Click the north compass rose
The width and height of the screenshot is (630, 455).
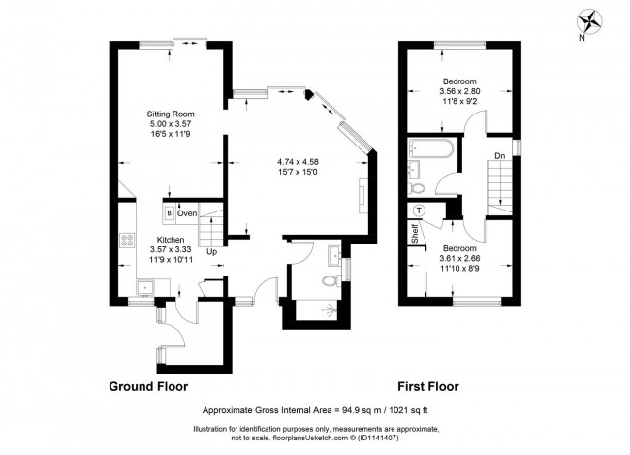click(590, 21)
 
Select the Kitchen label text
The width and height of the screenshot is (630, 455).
click(171, 238)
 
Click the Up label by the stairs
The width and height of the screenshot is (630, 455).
click(211, 251)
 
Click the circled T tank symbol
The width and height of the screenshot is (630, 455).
click(419, 211)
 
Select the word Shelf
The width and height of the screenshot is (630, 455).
click(413, 233)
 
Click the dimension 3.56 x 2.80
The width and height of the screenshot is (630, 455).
click(459, 91)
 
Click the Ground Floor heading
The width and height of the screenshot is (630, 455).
click(148, 385)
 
